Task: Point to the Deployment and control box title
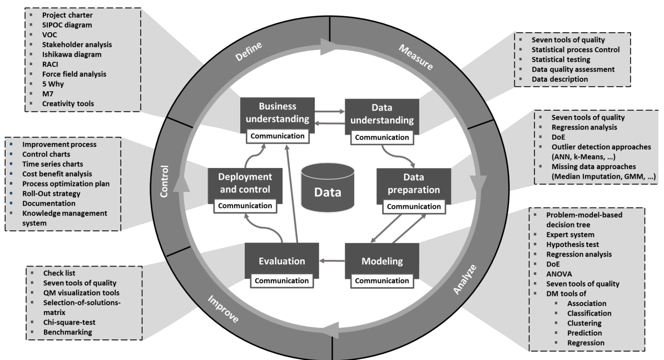click(245, 183)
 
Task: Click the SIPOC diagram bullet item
click(68, 26)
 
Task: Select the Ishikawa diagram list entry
click(71, 54)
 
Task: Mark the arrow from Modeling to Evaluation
click(331, 259)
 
